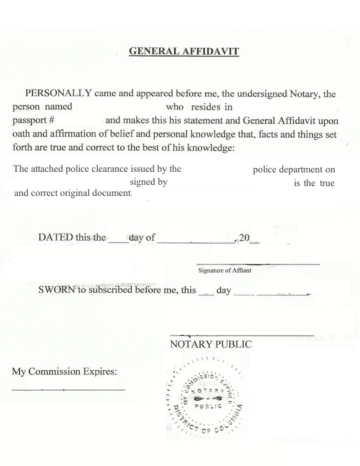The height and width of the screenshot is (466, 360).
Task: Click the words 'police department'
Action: (289, 169)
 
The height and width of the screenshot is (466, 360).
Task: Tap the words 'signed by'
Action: (148, 183)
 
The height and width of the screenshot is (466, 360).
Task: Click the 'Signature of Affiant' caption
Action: (224, 270)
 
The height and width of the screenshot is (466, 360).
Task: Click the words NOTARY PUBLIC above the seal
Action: (210, 345)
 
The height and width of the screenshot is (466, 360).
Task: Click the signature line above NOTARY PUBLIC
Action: (241, 336)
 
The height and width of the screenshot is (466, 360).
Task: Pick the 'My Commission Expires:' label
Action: (64, 372)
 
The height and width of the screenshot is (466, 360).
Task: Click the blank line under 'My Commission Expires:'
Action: (68, 389)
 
